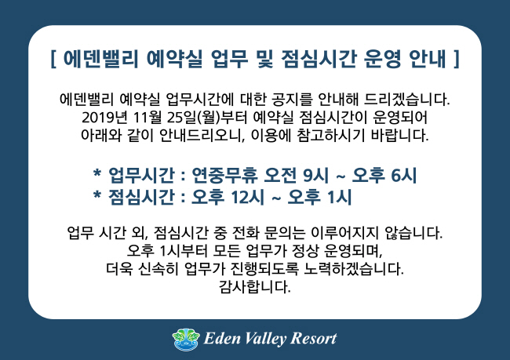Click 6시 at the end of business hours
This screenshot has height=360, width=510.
(x=403, y=175)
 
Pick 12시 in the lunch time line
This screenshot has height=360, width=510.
(x=247, y=197)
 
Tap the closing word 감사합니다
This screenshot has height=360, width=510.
(x=255, y=287)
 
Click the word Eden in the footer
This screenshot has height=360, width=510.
(x=222, y=339)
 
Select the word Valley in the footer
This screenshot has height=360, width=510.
(x=265, y=339)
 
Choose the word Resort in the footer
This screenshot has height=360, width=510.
(x=313, y=339)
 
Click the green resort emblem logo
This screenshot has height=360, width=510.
(x=186, y=339)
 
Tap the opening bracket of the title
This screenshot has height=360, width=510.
(x=53, y=59)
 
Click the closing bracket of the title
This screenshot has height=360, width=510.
(x=457, y=59)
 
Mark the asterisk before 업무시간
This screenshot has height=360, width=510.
(x=97, y=173)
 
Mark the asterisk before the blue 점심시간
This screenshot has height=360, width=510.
(x=97, y=195)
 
